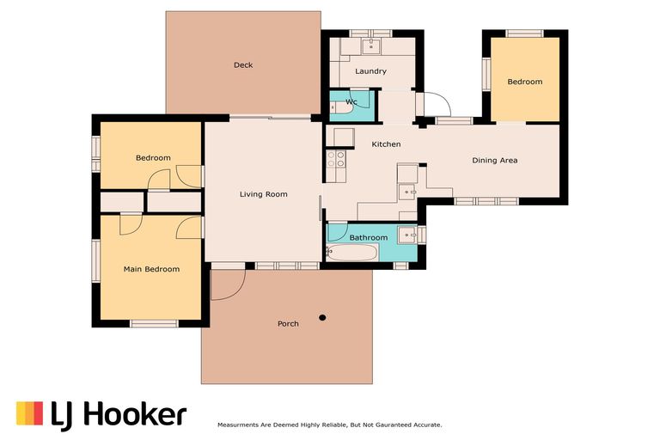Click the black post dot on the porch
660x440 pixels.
click(322, 317)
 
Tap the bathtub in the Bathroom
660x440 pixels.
click(352, 253)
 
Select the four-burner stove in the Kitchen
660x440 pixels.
click(335, 158)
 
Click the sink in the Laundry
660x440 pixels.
click(373, 45)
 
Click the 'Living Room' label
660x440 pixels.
click(263, 194)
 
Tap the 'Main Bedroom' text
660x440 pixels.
click(151, 269)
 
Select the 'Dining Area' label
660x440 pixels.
click(495, 160)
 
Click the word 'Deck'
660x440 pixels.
click(243, 65)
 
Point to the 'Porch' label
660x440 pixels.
click(288, 324)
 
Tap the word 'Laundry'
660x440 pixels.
click(370, 71)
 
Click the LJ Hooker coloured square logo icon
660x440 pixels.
click(29, 413)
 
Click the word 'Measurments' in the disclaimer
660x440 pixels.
click(244, 425)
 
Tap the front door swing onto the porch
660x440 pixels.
click(223, 285)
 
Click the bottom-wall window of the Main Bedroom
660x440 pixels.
click(154, 323)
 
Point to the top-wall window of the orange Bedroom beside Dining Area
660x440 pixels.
click(524, 34)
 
